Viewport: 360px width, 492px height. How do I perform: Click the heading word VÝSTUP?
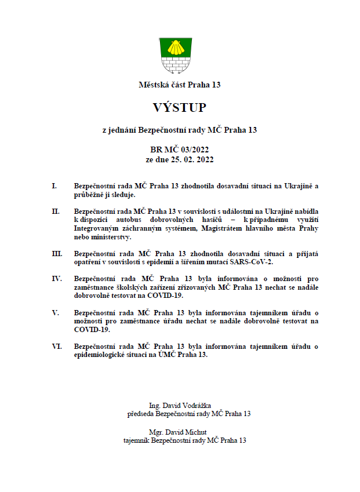coord(180,108)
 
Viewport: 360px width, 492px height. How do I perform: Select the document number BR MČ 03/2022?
coord(180,150)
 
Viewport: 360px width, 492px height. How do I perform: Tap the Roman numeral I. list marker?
coord(54,186)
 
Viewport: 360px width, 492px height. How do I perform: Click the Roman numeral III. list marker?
coord(57,253)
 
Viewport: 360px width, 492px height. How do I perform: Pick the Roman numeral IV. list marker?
coord(57,278)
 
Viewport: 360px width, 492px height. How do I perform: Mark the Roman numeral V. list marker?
coord(55,312)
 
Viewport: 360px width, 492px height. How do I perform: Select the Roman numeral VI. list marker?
coord(57,346)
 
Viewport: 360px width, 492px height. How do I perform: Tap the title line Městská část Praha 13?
coord(180,85)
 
